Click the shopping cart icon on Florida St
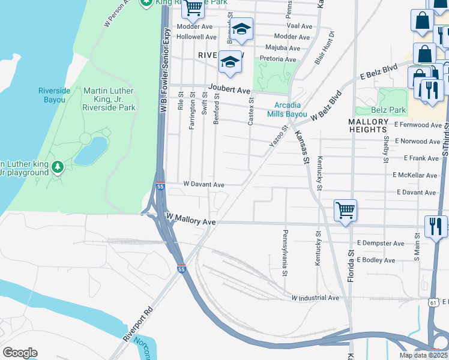345,211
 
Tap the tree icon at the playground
58,166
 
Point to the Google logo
20,353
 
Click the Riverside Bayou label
55,95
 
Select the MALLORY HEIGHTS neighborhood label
368,125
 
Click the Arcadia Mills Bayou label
287,109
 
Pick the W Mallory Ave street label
190,219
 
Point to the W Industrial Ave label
315,298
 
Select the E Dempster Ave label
380,244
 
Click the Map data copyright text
423,355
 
